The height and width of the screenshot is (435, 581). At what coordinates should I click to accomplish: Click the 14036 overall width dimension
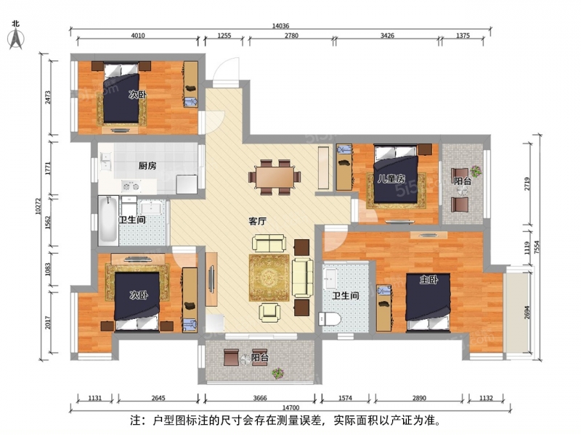(x=280, y=26)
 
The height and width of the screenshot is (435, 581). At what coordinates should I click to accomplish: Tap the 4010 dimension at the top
(x=138, y=36)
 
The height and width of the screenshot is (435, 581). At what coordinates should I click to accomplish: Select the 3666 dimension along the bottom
(x=260, y=398)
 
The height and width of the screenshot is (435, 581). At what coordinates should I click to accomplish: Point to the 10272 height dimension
(x=38, y=206)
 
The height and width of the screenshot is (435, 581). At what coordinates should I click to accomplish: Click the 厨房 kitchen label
(x=147, y=165)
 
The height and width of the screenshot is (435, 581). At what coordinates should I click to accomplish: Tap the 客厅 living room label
(x=258, y=221)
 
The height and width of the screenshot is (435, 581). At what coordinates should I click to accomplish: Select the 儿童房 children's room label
(x=391, y=179)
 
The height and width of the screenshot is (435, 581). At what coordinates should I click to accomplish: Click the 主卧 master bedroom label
(x=428, y=280)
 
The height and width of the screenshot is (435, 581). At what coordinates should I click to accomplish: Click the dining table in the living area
(x=275, y=177)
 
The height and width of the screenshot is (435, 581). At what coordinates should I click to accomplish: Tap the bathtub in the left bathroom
(x=108, y=221)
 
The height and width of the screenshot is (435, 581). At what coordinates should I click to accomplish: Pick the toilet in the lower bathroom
(x=330, y=319)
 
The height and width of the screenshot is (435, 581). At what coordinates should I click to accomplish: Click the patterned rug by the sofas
(x=269, y=278)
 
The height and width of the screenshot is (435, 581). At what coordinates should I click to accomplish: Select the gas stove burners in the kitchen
(x=131, y=186)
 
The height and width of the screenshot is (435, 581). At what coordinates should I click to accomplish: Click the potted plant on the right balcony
(x=476, y=171)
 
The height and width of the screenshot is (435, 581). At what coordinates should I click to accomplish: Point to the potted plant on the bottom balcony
(x=278, y=373)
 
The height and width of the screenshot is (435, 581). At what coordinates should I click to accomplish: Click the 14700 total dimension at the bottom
(x=291, y=407)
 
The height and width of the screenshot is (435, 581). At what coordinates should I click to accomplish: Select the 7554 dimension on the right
(x=537, y=247)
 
